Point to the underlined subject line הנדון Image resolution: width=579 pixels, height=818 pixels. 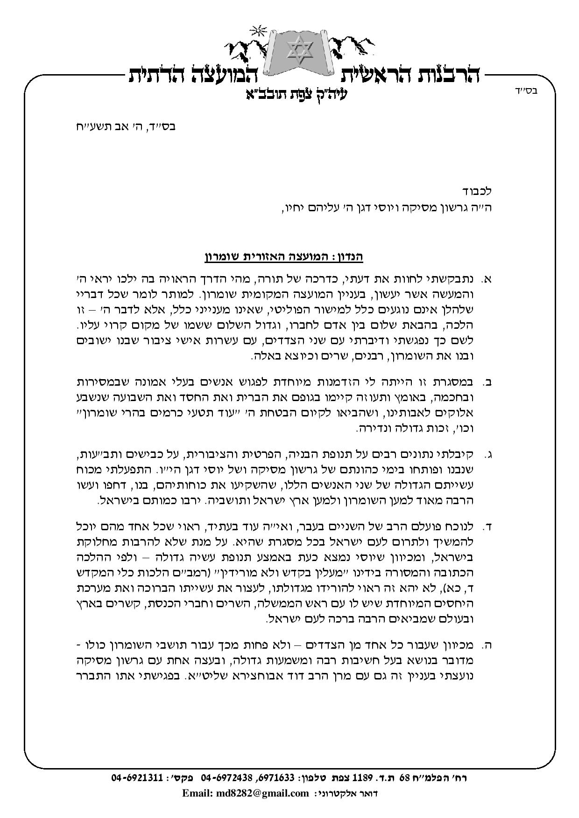click(284, 256)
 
